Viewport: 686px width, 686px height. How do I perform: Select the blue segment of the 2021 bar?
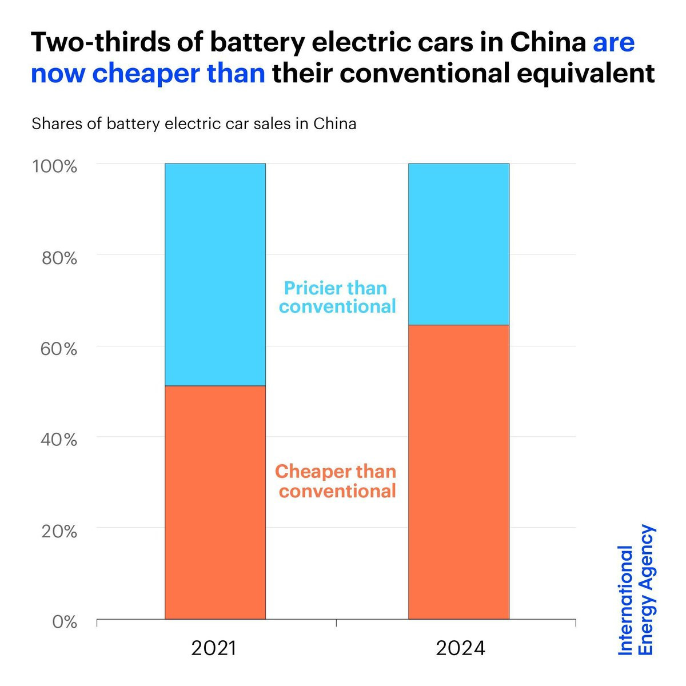[215, 274]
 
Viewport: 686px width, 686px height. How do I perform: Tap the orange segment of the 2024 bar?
[458, 472]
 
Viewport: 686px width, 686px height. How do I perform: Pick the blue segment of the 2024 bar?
[458, 244]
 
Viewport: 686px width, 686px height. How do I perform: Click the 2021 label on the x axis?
[213, 648]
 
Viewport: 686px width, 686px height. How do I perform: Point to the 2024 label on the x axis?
[460, 648]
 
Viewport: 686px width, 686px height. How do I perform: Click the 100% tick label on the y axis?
[55, 166]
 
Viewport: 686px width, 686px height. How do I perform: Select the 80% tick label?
[59, 258]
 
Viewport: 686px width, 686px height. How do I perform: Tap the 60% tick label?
[59, 349]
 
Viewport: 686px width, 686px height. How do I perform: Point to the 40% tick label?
[59, 440]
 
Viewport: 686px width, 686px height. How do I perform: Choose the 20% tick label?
[59, 531]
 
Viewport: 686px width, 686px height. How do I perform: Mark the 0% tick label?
[64, 621]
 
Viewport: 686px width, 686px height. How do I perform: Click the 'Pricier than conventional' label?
[337, 297]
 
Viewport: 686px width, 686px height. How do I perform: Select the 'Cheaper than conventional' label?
[336, 481]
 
